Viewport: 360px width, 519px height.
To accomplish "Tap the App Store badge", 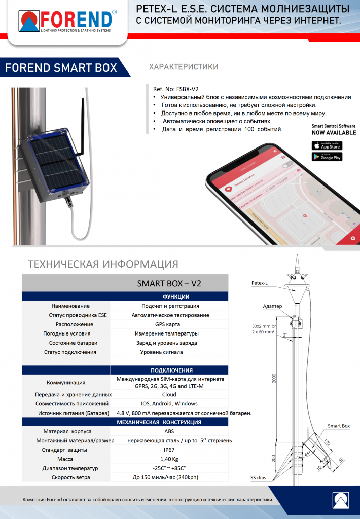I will pyautogui.click(x=327, y=146).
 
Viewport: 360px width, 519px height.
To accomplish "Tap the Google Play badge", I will pyautogui.click(x=327, y=157).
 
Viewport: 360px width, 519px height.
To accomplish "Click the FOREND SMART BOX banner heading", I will pyautogui.click(x=61, y=68).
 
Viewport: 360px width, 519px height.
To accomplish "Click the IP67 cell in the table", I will pyautogui.click(x=169, y=450).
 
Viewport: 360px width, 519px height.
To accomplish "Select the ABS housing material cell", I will pyautogui.click(x=169, y=432).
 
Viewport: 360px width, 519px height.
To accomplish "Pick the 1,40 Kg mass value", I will pyautogui.click(x=169, y=459).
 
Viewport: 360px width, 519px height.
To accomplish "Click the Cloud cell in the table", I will pyautogui.click(x=169, y=394).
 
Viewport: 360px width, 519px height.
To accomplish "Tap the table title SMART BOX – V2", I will pyautogui.click(x=169, y=283).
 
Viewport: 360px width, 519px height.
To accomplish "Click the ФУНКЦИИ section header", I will pyautogui.click(x=176, y=296).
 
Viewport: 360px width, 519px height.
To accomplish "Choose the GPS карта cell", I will pyautogui.click(x=169, y=324).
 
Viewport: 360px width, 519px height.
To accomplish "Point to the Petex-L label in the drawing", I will pyautogui.click(x=260, y=283).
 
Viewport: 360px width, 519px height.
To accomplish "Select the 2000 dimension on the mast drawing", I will pyautogui.click(x=274, y=377).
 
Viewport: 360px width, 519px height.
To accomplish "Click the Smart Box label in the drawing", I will pyautogui.click(x=339, y=426).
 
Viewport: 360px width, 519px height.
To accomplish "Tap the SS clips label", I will pyautogui.click(x=260, y=477).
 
